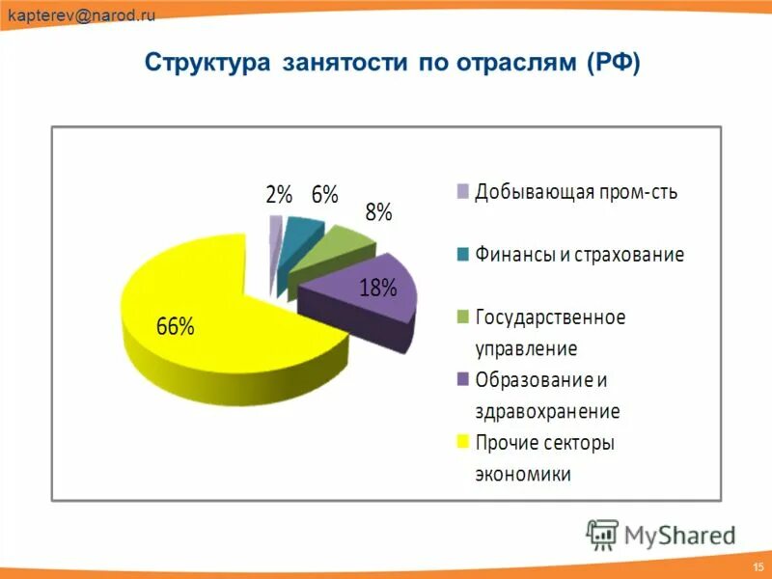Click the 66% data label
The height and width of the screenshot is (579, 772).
click(176, 326)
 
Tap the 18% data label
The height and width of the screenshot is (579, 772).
click(378, 287)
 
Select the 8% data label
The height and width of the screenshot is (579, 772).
click(377, 213)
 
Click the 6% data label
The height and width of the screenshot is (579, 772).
click(324, 194)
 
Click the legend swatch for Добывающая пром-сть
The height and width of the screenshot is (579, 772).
click(463, 191)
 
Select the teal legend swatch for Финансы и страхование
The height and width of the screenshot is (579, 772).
click(463, 255)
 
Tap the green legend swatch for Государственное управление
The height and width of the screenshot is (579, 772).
click(463, 317)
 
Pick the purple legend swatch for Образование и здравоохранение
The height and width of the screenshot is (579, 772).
click(463, 379)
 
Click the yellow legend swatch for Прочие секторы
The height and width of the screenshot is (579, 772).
click(463, 442)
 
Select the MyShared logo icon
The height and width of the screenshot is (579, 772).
click(602, 534)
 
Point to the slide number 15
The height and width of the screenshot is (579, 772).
click(756, 563)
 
